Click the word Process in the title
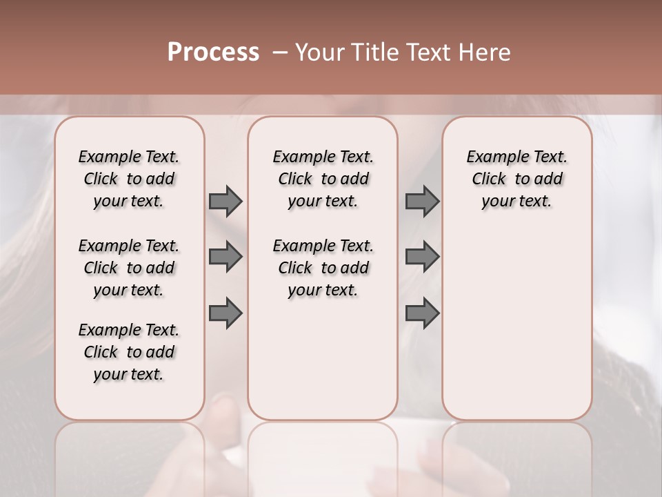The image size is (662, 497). point(213,52)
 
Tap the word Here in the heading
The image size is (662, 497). point(484,52)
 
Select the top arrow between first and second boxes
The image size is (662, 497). point(225,201)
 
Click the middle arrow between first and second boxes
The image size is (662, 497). point(225,257)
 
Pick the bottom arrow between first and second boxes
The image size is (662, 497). point(225,313)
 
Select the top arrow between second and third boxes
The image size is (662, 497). point(422,201)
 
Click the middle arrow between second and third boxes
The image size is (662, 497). point(422,257)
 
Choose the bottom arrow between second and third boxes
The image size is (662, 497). point(422,313)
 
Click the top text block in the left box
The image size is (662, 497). point(129,179)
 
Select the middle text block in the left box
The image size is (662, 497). point(129,268)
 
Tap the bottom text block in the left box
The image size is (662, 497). point(129,352)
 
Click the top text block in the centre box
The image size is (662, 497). point(323,179)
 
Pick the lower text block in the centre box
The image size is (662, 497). point(323,268)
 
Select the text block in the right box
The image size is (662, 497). point(517,179)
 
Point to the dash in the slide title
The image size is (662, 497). point(280,52)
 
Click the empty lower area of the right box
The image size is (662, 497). point(517,318)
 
